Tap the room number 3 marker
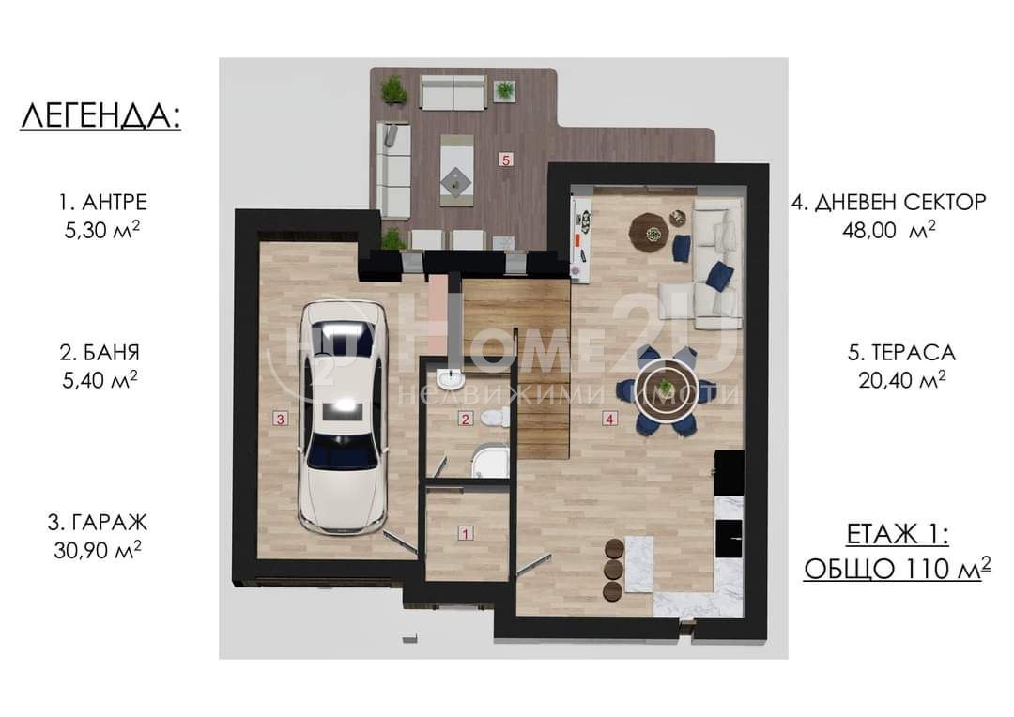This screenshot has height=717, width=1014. [280, 419]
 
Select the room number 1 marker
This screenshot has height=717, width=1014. [465, 533]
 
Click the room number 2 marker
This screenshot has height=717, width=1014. [466, 419]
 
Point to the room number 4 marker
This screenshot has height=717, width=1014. [609, 419]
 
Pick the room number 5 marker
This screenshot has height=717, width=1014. [506, 159]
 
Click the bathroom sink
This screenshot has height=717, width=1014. [450, 377]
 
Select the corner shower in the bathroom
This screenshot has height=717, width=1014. [490, 461]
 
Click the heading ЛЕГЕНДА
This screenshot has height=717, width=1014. [100, 117]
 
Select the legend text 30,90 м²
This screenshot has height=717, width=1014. [98, 550]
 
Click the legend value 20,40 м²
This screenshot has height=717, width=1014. [902, 379]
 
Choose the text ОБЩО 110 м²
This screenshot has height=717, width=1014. [898, 568]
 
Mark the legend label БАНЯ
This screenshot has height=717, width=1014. [111, 352]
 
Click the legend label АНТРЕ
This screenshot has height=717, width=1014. [115, 203]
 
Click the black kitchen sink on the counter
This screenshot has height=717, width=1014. [729, 538]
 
